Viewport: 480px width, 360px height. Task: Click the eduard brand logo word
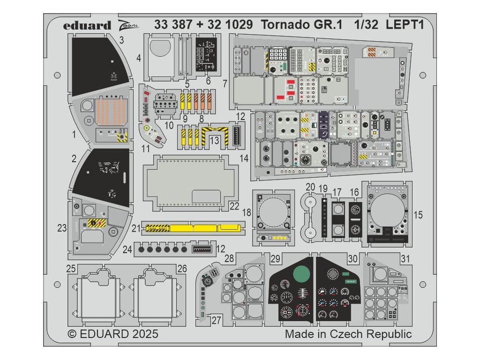pos(88,25)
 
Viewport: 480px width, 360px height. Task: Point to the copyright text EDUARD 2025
pos(113,334)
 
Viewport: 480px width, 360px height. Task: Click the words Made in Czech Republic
pos(348,334)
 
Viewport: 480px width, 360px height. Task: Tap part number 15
pos(418,215)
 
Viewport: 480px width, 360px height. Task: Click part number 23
pos(62,228)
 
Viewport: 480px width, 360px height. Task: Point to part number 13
pos(214,140)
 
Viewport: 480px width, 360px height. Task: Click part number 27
pos(216,321)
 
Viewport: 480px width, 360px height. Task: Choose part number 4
pos(139,59)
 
